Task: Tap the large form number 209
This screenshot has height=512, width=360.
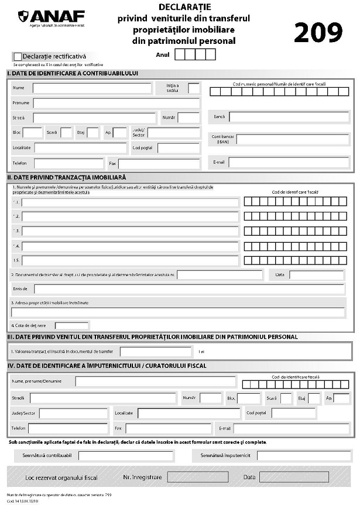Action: coord(318,33)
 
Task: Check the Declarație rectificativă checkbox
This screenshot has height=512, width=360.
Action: coord(17,56)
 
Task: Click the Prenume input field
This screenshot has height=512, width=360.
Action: coord(116,103)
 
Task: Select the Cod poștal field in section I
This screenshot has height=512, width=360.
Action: coord(179,148)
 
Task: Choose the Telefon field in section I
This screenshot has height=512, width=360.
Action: coord(68,163)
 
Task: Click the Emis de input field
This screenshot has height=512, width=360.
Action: coord(189,288)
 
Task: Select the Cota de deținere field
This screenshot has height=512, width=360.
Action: coord(71,325)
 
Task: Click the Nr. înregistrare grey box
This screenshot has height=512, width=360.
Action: coord(198,477)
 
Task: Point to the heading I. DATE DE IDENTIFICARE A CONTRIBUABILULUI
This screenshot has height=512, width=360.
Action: coord(73,73)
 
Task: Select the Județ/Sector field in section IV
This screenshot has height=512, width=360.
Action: coord(73,413)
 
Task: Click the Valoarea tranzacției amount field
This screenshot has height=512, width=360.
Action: coord(156,352)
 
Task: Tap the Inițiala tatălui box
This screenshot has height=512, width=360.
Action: coord(194,88)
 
